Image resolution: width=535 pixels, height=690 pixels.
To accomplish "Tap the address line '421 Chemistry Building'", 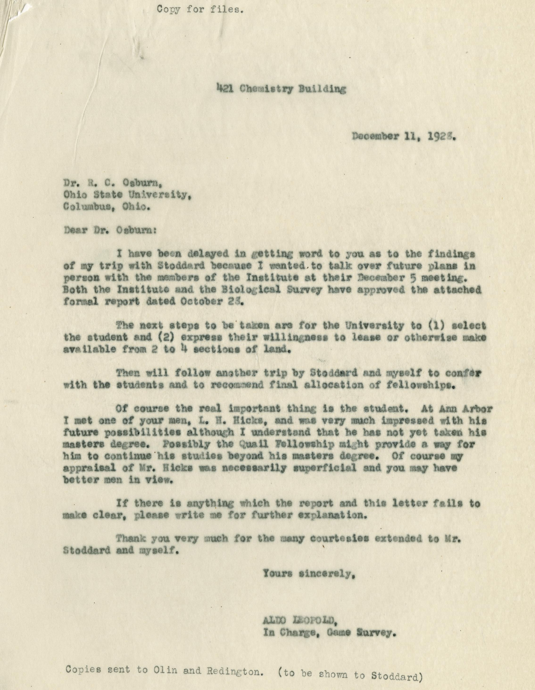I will pos(281,89).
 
